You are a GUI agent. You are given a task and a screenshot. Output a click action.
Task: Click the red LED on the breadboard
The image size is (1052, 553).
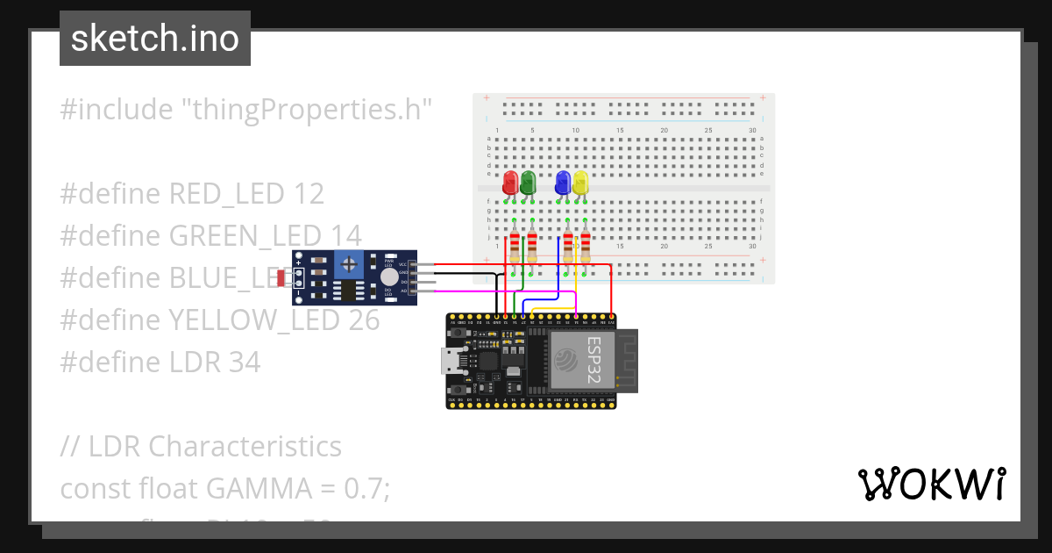click(x=510, y=183)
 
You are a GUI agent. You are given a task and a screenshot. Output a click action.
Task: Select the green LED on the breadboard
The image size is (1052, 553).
click(x=528, y=183)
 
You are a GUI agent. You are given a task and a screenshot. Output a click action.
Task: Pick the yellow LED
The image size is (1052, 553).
click(x=580, y=183)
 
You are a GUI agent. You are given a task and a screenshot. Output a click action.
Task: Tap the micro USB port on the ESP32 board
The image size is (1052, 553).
click(x=450, y=361)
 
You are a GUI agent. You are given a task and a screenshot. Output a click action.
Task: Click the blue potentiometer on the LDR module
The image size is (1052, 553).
click(x=350, y=262)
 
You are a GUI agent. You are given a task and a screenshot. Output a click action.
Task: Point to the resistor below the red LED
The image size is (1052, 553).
click(x=515, y=245)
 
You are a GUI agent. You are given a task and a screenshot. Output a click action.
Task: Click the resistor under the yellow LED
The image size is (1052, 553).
click(x=585, y=245)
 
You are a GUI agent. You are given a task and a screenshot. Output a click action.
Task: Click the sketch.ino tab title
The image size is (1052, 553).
click(x=155, y=39)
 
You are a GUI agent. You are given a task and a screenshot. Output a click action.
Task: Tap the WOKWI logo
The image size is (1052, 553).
click(x=931, y=484)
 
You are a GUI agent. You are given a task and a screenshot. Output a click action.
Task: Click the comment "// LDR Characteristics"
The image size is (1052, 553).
click(x=201, y=446)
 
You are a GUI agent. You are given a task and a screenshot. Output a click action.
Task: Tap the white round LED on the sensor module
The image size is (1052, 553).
click(x=365, y=276)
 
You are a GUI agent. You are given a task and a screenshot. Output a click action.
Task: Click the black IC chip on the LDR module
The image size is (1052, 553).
click(x=350, y=289)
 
